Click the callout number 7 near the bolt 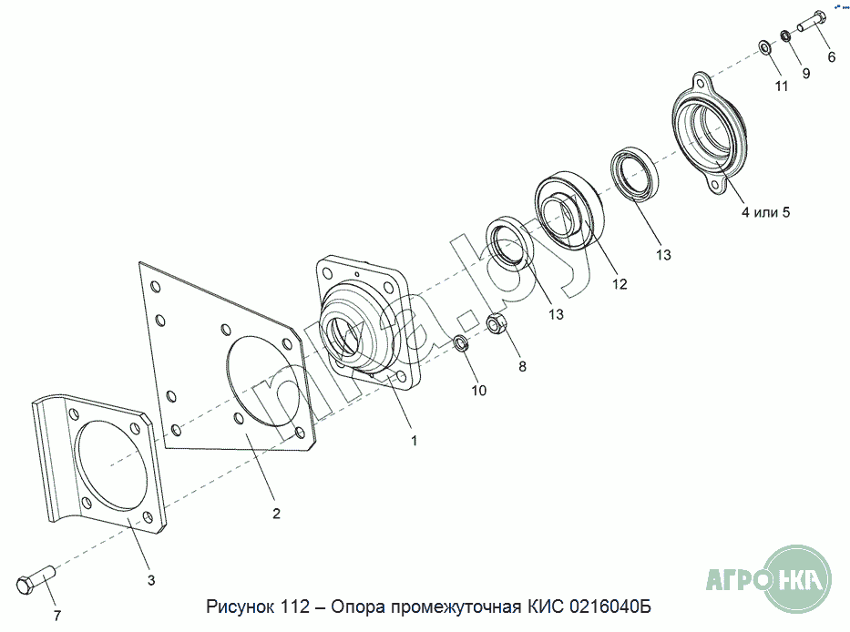(56, 616)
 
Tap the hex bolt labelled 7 (36, 578)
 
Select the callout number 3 (151, 580)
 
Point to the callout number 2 (276, 514)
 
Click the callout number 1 (415, 441)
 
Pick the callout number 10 (478, 391)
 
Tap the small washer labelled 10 (461, 343)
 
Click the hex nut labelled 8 (497, 323)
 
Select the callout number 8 (522, 367)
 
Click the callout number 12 (620, 284)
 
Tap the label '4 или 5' (765, 212)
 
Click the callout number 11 (781, 87)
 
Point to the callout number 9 (806, 73)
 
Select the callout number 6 (832, 56)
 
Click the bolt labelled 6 (812, 21)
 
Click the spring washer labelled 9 (785, 36)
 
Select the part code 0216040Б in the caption (610, 606)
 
